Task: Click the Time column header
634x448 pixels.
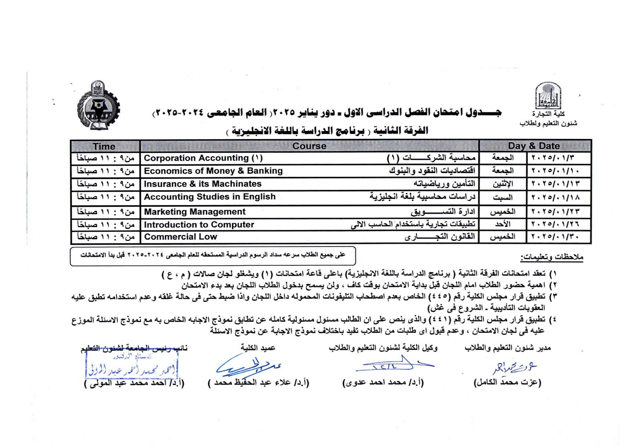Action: [x=104, y=146]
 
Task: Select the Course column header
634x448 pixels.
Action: [x=309, y=146]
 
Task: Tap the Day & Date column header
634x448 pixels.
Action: [x=534, y=146]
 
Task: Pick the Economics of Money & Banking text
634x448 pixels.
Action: [x=213, y=171]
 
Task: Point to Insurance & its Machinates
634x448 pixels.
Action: [x=203, y=184]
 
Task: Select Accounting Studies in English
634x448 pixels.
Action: [x=210, y=197]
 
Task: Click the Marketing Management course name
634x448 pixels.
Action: [x=195, y=212]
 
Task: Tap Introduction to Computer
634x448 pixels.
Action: [x=199, y=225]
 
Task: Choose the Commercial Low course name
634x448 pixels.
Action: [x=181, y=237]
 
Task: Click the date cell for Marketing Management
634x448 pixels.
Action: [x=555, y=212]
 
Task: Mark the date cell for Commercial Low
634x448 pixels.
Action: [x=555, y=237]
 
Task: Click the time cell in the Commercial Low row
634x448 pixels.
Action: [x=105, y=237]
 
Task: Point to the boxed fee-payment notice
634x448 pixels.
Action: [x=213, y=256]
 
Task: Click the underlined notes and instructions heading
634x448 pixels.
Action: [x=552, y=257]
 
